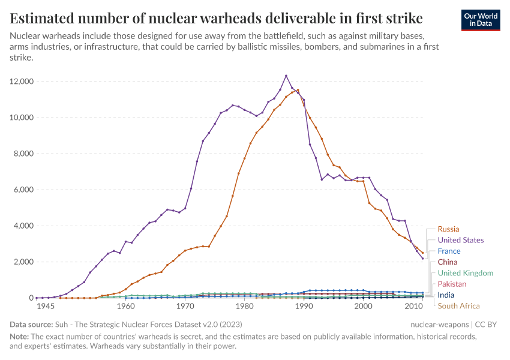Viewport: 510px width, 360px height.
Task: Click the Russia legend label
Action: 448,229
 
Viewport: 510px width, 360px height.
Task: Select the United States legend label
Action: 460,240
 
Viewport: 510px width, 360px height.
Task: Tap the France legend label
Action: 449,251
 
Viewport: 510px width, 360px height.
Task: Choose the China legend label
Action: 447,262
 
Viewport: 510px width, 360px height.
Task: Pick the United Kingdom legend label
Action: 465,273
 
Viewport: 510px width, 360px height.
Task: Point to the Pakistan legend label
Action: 452,284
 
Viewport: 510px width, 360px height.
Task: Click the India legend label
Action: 446,295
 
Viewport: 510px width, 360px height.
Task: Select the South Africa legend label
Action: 458,306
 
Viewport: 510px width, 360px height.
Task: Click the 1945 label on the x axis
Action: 46,306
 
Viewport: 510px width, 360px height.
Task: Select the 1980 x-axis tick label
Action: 244,306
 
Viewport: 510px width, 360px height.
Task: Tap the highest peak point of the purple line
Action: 286,76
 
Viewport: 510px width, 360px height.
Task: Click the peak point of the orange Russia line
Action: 298,90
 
